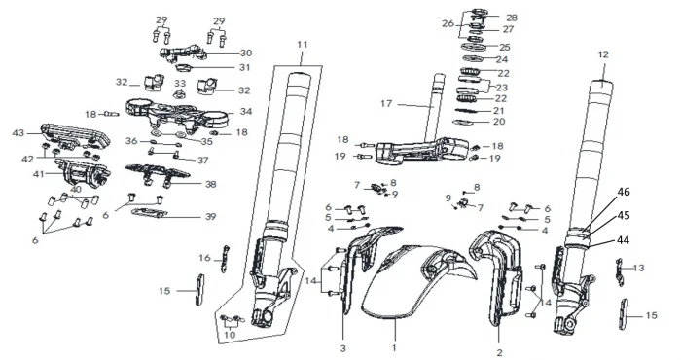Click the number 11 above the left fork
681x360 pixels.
(x=303, y=45)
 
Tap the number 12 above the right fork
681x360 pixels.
(x=603, y=54)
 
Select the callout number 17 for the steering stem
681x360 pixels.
(x=386, y=104)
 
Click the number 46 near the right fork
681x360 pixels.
(x=624, y=192)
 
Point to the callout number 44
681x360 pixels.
(x=624, y=240)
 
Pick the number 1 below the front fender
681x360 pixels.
(x=394, y=348)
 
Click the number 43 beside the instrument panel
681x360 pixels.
(x=18, y=133)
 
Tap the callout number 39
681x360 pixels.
(x=210, y=216)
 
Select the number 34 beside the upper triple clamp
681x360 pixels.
(x=246, y=112)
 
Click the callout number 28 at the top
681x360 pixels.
(x=512, y=18)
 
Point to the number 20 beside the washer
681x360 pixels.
(x=499, y=122)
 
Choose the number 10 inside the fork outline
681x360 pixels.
(x=230, y=335)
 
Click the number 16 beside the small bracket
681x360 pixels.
(x=204, y=258)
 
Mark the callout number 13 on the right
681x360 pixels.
(x=638, y=268)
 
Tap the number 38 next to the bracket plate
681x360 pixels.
(x=211, y=184)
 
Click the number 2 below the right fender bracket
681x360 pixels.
(x=499, y=352)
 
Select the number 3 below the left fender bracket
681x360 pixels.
(x=343, y=348)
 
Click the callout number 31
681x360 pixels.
(x=245, y=68)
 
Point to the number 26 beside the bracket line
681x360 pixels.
(x=448, y=23)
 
